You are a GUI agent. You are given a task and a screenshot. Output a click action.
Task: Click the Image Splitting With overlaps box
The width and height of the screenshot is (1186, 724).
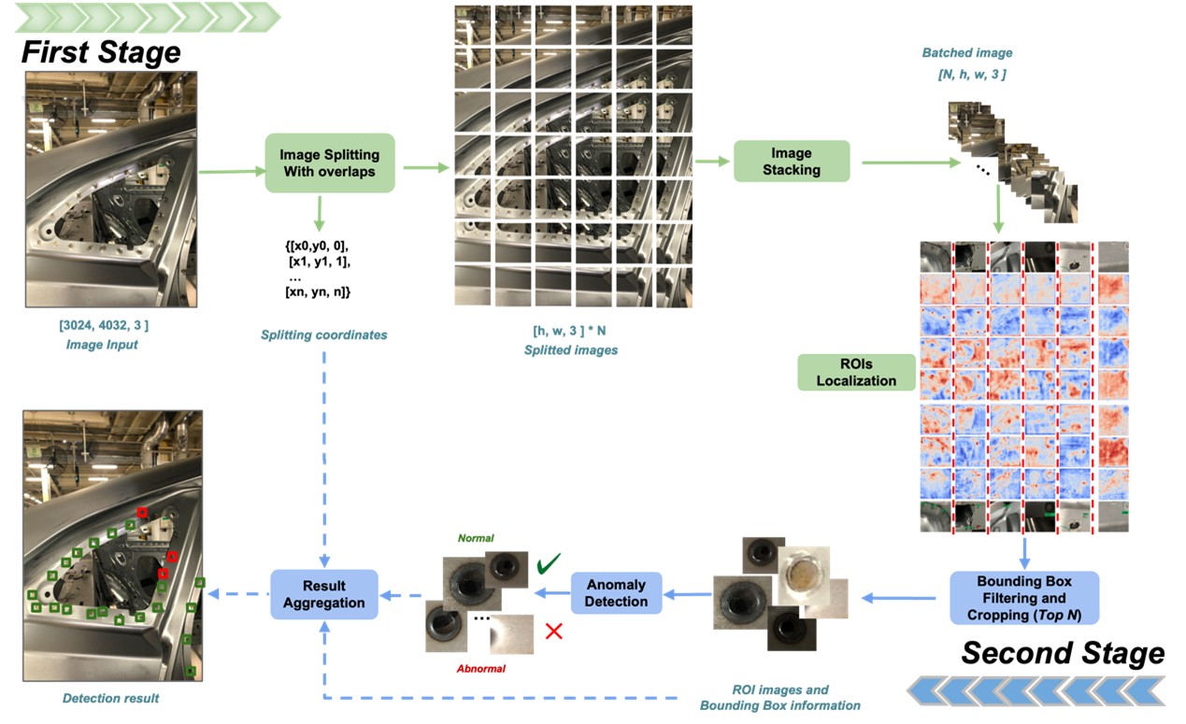(331, 163)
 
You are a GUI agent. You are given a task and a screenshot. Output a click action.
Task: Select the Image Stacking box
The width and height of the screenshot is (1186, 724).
(791, 161)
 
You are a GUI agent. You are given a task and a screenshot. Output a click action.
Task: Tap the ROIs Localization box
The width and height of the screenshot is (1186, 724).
(855, 371)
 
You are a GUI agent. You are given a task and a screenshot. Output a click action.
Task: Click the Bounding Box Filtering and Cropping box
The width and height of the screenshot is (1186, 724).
(1024, 598)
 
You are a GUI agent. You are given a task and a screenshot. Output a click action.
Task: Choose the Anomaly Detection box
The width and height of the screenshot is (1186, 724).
(616, 593)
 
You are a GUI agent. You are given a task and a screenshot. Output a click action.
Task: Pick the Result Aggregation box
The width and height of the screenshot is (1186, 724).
(324, 593)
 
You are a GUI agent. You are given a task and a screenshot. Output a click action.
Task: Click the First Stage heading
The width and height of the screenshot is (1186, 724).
(100, 51)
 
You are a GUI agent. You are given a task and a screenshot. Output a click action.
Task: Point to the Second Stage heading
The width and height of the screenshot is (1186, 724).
(1063, 652)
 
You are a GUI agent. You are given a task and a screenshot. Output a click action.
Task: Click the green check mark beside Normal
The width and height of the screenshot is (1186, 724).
(549, 564)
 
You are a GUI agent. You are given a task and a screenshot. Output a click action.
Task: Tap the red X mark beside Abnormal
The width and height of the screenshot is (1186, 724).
(553, 631)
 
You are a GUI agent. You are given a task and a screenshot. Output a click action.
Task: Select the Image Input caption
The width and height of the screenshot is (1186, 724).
(103, 344)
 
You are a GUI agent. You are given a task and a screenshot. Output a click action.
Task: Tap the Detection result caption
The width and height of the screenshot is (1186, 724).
(110, 698)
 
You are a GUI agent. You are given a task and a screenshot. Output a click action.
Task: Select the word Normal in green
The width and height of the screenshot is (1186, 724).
(476, 538)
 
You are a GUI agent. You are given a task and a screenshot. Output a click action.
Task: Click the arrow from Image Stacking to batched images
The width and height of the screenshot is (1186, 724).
(910, 162)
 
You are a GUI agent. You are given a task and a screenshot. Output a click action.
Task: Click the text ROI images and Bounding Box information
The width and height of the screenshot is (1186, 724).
(779, 697)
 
